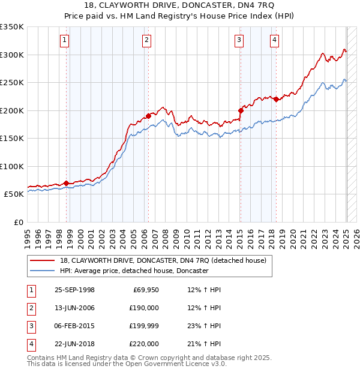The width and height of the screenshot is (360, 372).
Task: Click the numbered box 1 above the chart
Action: pos(64,40)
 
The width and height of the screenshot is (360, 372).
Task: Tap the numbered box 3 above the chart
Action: pos(239,40)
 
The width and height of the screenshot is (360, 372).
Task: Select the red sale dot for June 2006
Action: pos(148,116)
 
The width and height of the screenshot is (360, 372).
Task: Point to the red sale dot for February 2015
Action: pos(241,110)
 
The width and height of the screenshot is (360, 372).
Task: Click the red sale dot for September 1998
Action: pos(67,183)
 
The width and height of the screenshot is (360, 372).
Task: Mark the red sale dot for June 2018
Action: pos(276,99)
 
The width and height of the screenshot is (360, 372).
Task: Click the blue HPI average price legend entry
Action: pos(134,271)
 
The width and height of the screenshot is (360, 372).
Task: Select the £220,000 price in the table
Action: pos(143,344)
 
